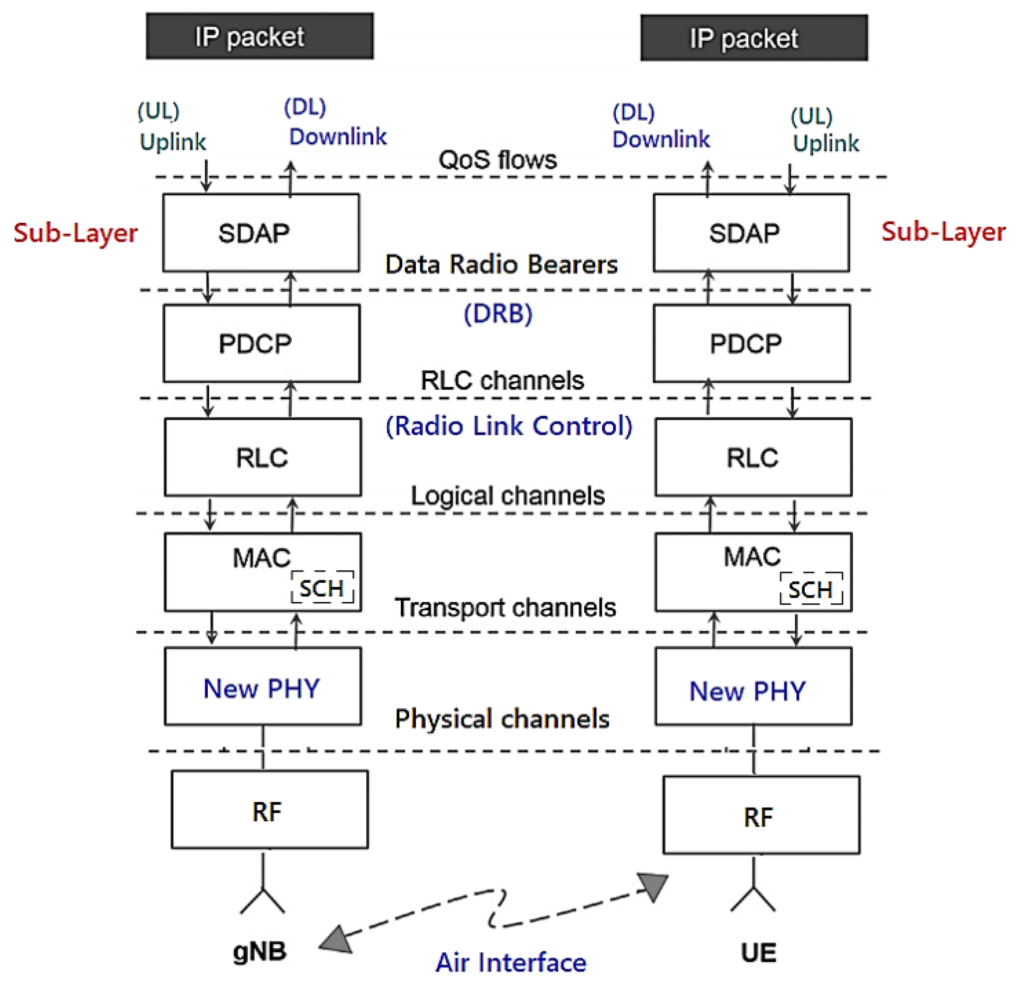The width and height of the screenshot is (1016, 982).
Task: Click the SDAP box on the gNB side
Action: tap(261, 233)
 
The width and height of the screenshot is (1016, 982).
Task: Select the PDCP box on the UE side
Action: tap(751, 343)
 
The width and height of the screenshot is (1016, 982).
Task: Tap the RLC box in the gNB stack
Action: tap(263, 457)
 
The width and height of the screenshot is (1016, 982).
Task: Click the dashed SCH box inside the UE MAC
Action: tap(811, 589)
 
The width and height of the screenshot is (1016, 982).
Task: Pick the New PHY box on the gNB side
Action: tap(263, 686)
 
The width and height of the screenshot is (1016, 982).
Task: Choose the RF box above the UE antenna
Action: tap(761, 814)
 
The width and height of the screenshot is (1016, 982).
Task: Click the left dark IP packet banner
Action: tap(260, 36)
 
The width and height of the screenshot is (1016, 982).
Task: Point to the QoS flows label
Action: tap(497, 159)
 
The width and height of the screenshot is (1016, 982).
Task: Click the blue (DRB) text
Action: tap(497, 313)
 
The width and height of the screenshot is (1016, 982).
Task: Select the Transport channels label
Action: tap(505, 607)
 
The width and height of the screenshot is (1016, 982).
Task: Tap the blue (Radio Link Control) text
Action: tap(509, 426)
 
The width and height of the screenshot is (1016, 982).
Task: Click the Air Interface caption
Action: tap(511, 962)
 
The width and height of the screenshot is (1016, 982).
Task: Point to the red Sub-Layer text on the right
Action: tap(943, 231)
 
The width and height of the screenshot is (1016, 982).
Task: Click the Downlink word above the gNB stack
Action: tap(338, 137)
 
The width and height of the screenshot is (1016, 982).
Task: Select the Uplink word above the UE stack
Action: tap(826, 143)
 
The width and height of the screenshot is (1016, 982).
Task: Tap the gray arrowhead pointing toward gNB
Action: tap(337, 940)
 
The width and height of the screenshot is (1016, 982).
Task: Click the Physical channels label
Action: tap(502, 718)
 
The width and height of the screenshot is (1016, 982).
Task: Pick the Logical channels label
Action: tap(508, 496)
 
